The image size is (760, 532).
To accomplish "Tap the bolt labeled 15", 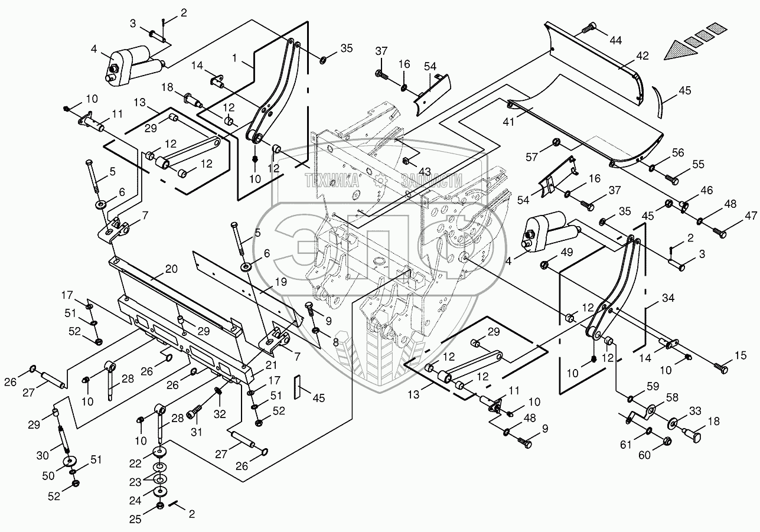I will [x=721, y=368].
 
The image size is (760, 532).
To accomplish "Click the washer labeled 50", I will [x=70, y=461].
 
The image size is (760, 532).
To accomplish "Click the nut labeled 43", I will [x=407, y=161].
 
